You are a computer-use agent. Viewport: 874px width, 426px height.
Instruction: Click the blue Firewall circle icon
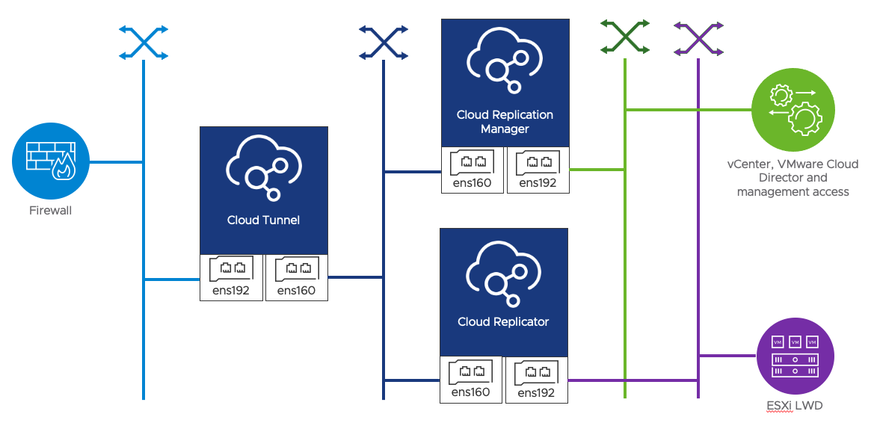pos(50,161)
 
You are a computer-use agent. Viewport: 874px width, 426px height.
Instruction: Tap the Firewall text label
pos(50,211)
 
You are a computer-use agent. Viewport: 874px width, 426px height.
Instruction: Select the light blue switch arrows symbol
pos(144,43)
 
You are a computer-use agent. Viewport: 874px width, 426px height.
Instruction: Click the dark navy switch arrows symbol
pos(384,43)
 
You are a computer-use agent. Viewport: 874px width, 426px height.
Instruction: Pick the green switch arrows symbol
pos(624,37)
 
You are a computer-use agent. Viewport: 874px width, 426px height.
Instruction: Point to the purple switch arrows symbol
pos(698,37)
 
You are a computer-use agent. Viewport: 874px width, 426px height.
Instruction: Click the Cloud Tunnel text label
pos(263,220)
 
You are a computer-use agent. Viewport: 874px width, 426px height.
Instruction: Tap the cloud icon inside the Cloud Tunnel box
pos(263,170)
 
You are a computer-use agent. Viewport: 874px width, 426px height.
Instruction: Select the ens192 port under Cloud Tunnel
pos(232,277)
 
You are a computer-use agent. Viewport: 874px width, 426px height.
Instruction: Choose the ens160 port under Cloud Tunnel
pos(296,277)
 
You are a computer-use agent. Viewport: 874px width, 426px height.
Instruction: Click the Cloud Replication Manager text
pos(505,122)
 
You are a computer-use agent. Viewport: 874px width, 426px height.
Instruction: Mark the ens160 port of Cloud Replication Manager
pos(473,170)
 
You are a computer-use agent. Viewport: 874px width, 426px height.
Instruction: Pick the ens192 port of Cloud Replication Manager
pos(538,170)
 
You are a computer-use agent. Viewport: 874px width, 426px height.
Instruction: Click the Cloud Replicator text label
pos(503,322)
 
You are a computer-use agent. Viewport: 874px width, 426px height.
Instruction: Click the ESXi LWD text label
pos(794,407)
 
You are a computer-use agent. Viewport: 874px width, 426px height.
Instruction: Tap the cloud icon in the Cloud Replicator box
pos(503,272)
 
